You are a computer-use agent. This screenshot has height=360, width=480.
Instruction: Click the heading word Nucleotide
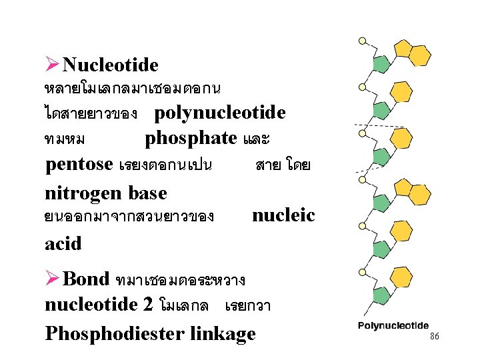coord(110,65)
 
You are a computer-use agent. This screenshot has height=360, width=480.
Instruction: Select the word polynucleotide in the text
coord(220,113)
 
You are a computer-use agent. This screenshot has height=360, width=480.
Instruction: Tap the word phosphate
coord(191,139)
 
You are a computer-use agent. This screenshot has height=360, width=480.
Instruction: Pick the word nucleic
coord(283,215)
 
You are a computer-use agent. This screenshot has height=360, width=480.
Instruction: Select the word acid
coord(63,243)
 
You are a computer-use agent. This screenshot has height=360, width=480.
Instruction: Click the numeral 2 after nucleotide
coord(148,305)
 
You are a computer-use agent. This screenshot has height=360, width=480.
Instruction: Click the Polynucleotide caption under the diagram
coord(393,326)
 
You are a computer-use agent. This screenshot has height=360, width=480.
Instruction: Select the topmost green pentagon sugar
coord(381,64)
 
